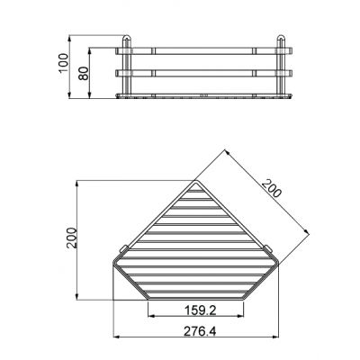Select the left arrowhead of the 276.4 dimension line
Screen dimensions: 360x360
[115, 338]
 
